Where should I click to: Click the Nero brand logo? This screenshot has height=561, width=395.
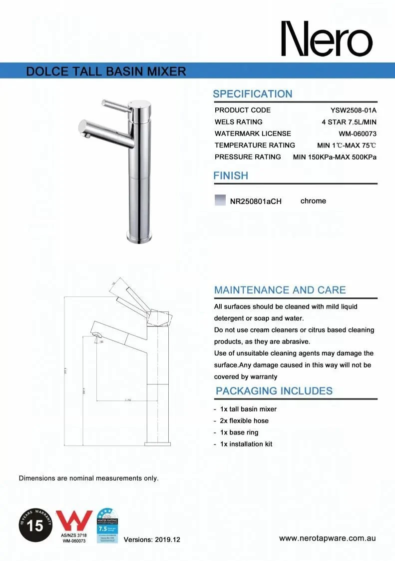coord(327,39)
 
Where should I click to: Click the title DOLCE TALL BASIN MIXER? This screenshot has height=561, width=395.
coord(106,71)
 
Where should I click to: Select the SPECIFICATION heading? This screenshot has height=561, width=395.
coord(253,94)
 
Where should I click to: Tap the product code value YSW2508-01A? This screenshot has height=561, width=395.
coord(354,110)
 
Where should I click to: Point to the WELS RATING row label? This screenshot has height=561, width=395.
coord(239,121)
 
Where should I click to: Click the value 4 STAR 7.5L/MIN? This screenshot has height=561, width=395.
coord(349,121)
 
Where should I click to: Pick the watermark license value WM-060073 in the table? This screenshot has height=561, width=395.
coord(358,133)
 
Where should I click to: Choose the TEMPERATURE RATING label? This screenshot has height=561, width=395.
coord(255,145)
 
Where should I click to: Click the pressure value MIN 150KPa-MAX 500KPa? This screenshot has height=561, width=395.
coord(335,156)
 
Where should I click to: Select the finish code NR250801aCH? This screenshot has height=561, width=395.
coord(256,201)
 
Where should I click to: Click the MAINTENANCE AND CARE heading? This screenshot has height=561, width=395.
coord(280,290)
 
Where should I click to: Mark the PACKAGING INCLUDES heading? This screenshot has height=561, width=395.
coord(274,391)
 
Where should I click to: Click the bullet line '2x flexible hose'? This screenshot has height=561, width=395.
coord(244,420)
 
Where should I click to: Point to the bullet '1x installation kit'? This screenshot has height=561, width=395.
coord(246,444)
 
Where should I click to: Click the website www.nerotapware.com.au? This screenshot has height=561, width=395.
coord(328,538)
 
